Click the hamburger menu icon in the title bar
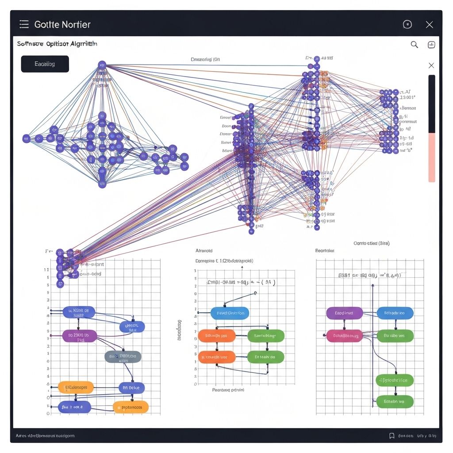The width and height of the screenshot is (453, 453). (24, 24)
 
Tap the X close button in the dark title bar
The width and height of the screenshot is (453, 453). (429, 25)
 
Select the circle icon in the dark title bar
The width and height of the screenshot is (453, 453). (407, 25)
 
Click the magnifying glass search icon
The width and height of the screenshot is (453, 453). (415, 44)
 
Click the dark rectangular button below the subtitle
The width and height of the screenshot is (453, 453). (45, 64)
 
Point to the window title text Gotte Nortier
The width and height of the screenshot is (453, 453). (62, 25)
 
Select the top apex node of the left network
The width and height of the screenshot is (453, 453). (102, 65)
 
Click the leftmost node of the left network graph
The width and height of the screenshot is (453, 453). (27, 138)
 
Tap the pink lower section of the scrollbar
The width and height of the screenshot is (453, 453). (432, 157)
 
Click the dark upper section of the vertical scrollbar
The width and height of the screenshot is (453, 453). (432, 104)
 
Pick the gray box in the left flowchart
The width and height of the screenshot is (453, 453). (123, 356)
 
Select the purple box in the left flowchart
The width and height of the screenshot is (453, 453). (79, 336)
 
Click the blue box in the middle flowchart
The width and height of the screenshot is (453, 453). (230, 313)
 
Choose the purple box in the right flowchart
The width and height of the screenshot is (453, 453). (344, 313)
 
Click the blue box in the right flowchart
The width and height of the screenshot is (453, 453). (395, 313)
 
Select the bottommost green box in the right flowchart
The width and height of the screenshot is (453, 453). (395, 402)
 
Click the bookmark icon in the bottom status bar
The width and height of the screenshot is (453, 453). (392, 436)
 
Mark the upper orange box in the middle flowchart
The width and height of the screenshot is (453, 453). (217, 336)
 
